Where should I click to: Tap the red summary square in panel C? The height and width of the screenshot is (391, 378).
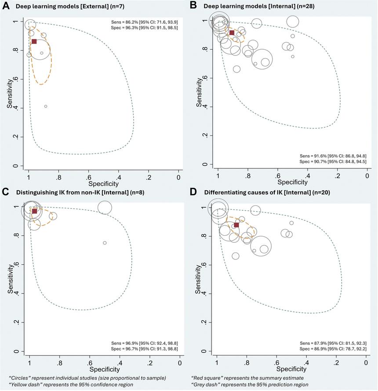click(34, 212)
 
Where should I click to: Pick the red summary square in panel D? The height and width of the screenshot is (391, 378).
click(236, 225)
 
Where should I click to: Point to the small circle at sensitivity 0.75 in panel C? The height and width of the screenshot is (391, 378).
click(105, 243)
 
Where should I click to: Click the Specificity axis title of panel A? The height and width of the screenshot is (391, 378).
click(103, 183)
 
